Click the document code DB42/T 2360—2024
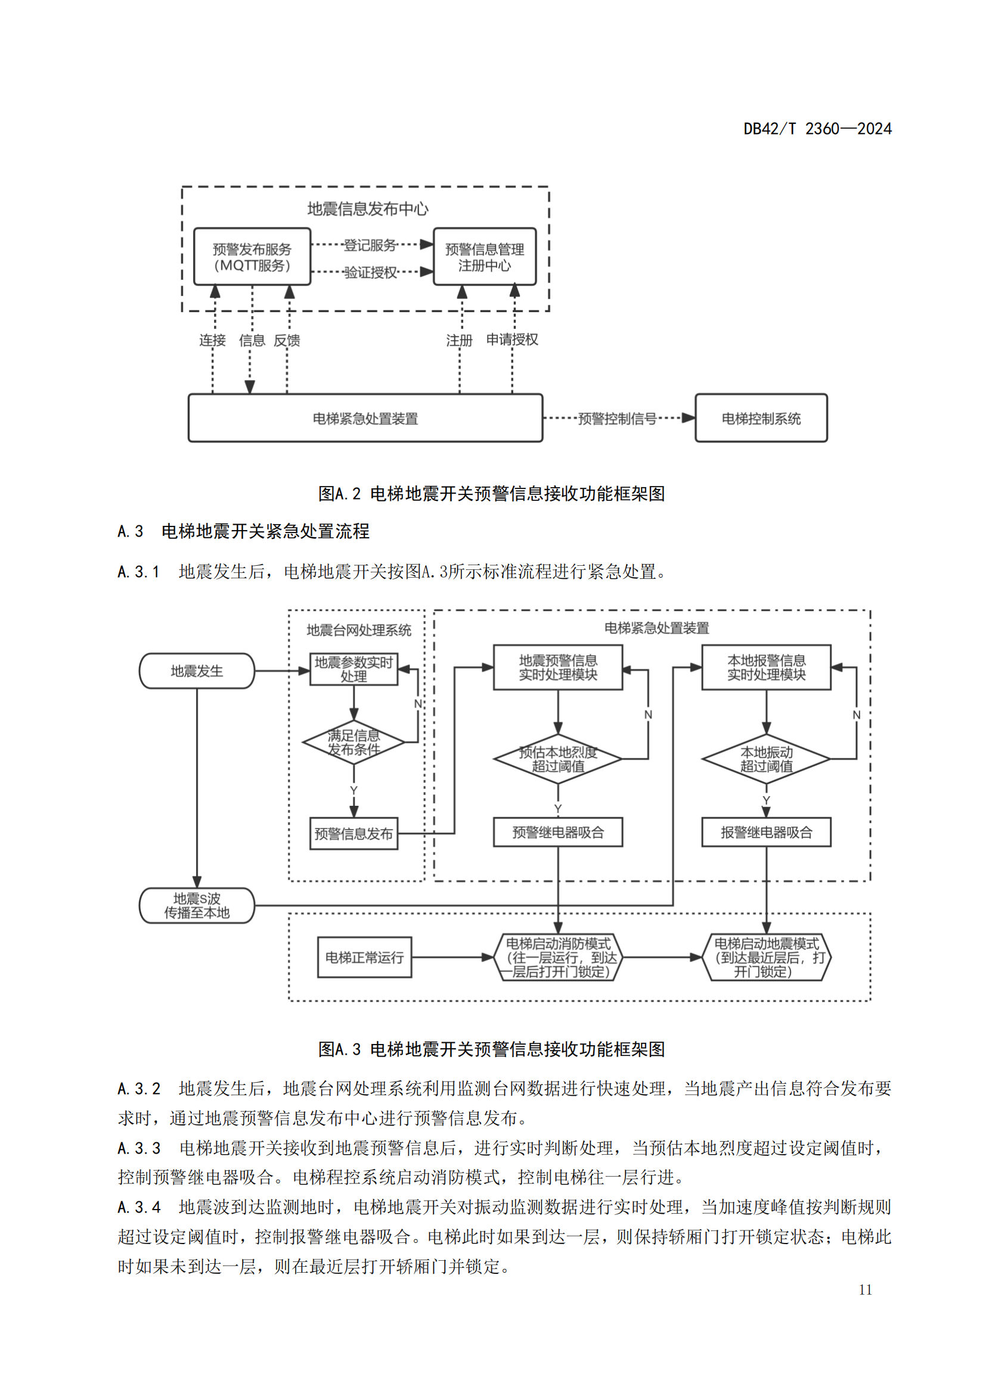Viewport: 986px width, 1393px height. [x=817, y=129]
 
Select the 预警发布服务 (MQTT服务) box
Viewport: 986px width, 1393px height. [x=252, y=257]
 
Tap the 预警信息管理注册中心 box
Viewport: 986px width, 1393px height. [x=485, y=257]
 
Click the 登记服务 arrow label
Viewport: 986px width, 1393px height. [x=370, y=245]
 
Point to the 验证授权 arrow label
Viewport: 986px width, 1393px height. [x=370, y=272]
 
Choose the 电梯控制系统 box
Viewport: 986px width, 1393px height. [x=761, y=418]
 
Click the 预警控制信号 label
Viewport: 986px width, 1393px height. [x=617, y=419]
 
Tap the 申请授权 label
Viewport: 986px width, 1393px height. [x=512, y=339]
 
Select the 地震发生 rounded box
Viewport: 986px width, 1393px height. [x=197, y=671]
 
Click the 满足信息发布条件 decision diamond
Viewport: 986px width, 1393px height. [x=354, y=742]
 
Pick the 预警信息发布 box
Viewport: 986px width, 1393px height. [x=354, y=834]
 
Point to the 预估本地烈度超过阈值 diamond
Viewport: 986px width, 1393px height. [x=558, y=759]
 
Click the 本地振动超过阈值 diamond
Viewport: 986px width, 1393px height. [x=766, y=759]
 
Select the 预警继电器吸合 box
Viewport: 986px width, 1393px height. [x=558, y=833]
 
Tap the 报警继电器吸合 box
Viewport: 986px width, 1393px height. [x=766, y=833]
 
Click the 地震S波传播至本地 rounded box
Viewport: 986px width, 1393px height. [x=197, y=906]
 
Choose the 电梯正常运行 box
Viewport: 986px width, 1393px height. [x=364, y=958]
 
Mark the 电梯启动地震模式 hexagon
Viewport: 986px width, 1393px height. [x=766, y=958]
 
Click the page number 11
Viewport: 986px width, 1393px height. [x=865, y=1290]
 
